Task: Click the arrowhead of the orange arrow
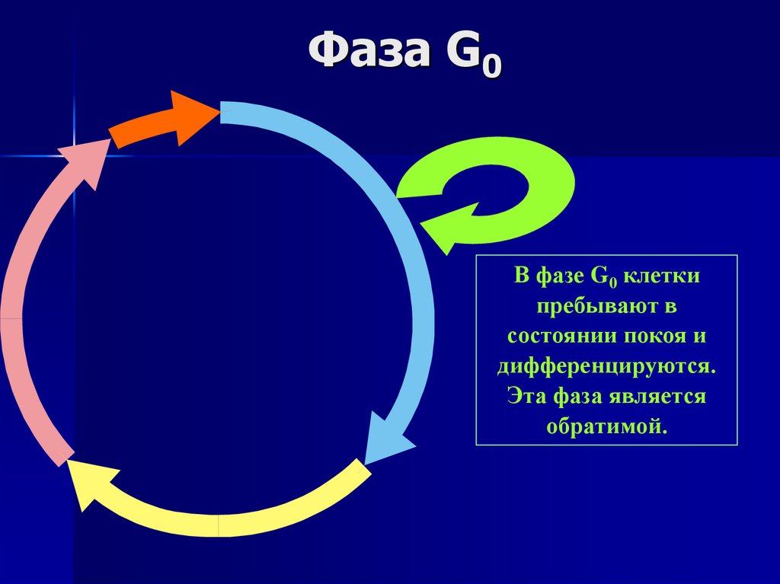(x=194, y=116)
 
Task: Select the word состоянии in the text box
(x=559, y=336)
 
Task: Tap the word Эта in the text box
(x=526, y=396)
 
